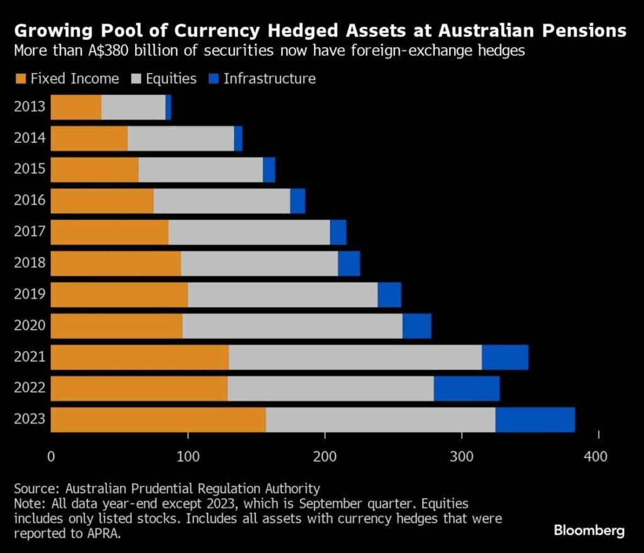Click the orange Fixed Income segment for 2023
click(x=158, y=420)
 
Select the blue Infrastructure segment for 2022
click(x=467, y=388)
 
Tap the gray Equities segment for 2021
click(x=355, y=357)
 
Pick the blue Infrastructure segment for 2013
click(x=169, y=107)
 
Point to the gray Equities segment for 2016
click(x=222, y=201)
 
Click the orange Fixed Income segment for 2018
click(x=116, y=263)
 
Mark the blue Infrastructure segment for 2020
click(x=417, y=326)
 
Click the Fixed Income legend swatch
click(x=20, y=79)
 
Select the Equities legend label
click(x=171, y=79)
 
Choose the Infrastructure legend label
click(x=270, y=79)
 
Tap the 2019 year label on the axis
click(x=30, y=294)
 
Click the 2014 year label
click(x=30, y=138)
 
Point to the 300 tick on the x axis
click(x=462, y=456)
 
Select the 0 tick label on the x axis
click(x=51, y=456)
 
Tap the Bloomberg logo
click(x=589, y=530)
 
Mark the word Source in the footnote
click(x=32, y=488)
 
